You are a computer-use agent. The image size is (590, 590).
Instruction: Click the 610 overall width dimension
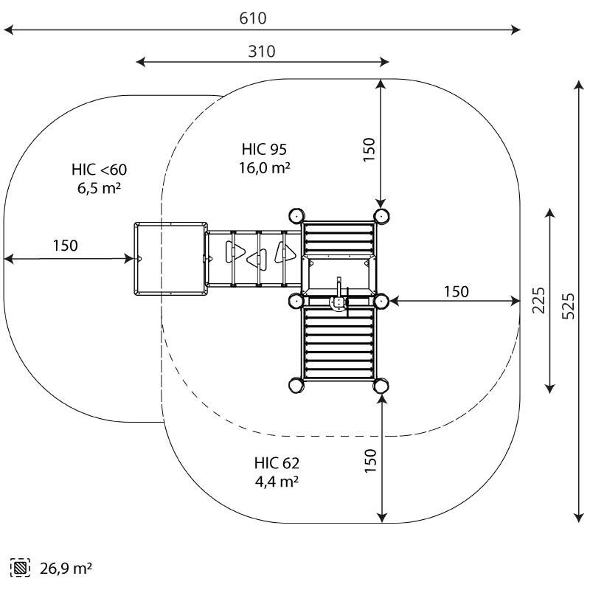point(253,18)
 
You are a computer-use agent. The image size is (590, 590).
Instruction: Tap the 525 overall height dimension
point(568,304)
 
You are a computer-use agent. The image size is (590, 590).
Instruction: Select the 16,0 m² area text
point(263,168)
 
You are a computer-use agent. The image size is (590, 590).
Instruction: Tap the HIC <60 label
point(99,170)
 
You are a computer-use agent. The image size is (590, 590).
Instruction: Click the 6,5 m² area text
point(99,188)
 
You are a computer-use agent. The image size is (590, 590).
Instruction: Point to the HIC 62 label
point(277,463)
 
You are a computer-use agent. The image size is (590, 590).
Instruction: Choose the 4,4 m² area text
point(277,482)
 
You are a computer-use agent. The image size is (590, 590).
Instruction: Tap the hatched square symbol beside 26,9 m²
point(20,569)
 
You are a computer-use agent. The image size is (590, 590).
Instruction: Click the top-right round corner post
point(381,215)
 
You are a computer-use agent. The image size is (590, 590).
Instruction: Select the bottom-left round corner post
point(295,385)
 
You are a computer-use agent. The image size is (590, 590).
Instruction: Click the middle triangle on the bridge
point(257,258)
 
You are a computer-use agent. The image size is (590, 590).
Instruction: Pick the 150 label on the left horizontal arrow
point(65,246)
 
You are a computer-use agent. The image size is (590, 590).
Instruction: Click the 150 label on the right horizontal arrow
point(456,292)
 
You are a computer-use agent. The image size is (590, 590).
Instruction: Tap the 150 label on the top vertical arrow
point(369,149)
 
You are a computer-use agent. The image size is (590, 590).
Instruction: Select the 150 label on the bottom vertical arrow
point(369,460)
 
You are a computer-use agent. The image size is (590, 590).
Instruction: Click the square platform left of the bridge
point(169,258)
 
